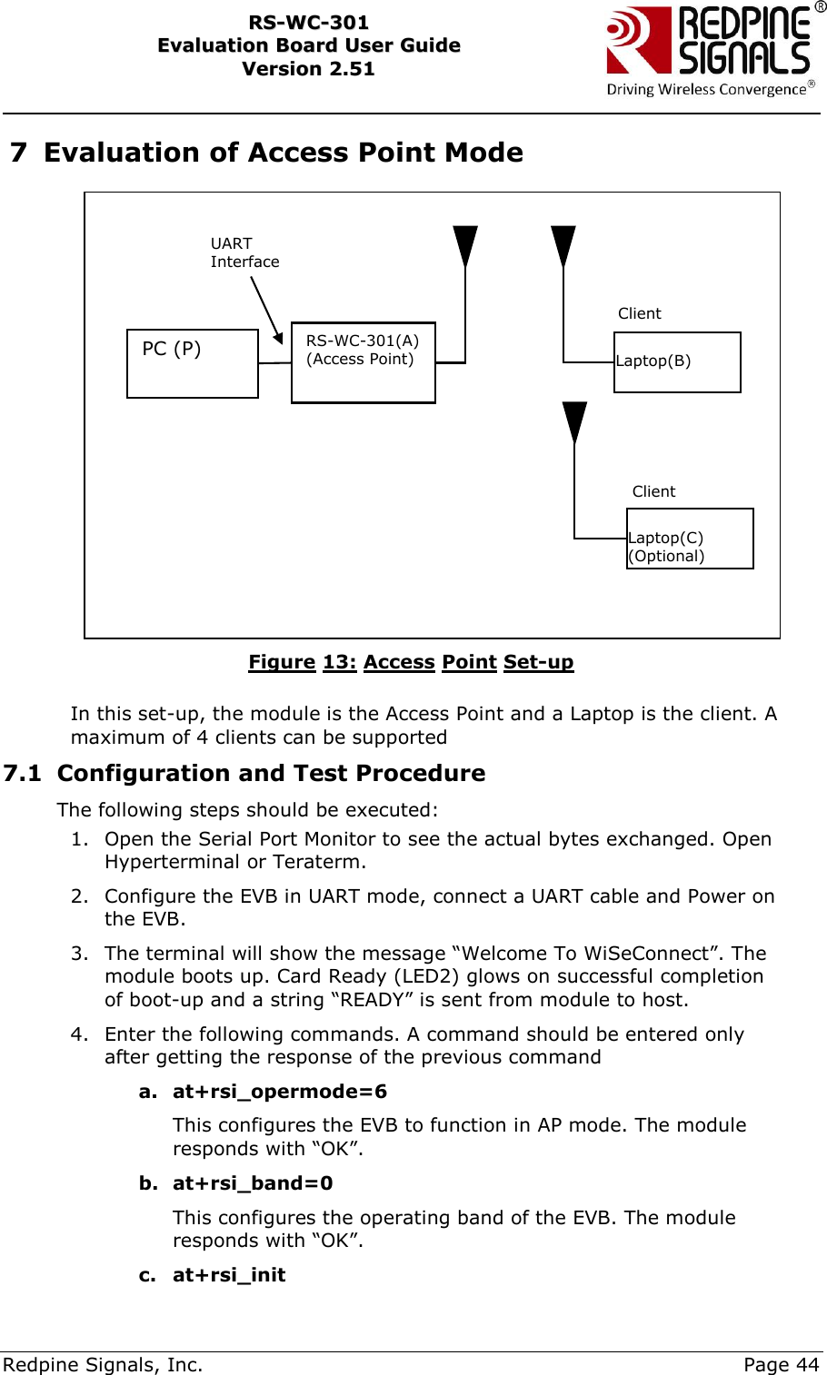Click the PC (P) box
coord(193,363)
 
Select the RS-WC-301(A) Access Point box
coord(364,361)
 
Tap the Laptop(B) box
coord(677,361)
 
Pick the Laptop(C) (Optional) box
coord(690,539)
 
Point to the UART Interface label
coord(244,252)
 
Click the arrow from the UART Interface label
coord(266,310)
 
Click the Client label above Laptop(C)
coord(653,491)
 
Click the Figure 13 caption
coord(411,662)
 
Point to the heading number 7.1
coord(23,773)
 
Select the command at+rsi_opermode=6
coord(279,1092)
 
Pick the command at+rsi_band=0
coord(253,1183)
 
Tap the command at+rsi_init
coord(229,1275)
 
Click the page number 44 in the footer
coord(807,1364)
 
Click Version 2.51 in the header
coord(308,69)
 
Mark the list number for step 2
coord(80,896)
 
